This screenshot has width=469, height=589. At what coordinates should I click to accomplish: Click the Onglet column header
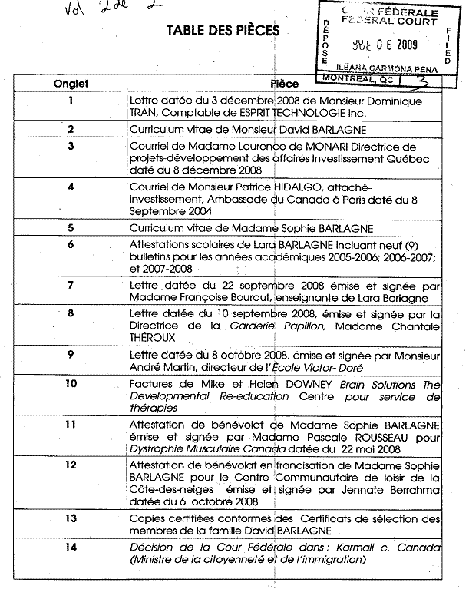click(x=71, y=84)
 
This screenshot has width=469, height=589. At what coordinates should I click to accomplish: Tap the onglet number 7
click(x=71, y=285)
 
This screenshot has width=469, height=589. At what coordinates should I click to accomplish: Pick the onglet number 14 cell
click(x=71, y=548)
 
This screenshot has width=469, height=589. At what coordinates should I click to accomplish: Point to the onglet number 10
click(x=71, y=383)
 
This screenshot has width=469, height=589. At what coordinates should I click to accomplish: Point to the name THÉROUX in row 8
click(x=153, y=337)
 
